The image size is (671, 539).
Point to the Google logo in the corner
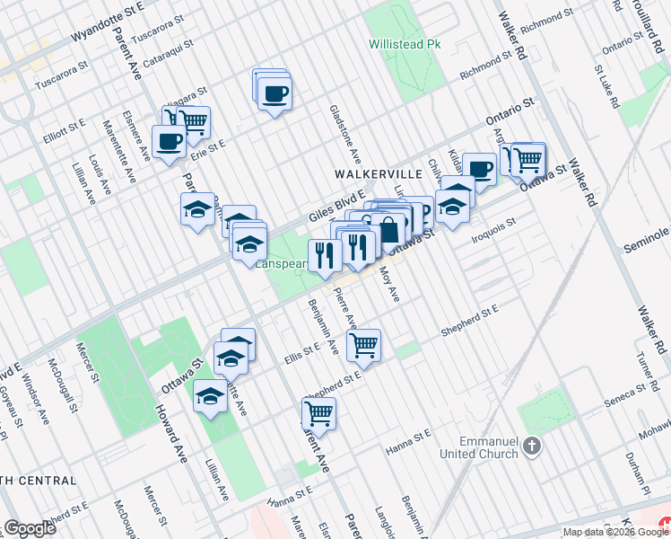coord(30,528)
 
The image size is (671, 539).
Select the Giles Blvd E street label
coord(337,205)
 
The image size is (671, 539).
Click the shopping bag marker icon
coord(389,229)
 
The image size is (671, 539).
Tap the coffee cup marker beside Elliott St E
coord(168,141)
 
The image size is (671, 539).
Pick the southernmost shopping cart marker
coord(318,413)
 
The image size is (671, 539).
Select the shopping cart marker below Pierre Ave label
coord(364,344)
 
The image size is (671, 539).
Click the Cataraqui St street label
coord(170,42)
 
